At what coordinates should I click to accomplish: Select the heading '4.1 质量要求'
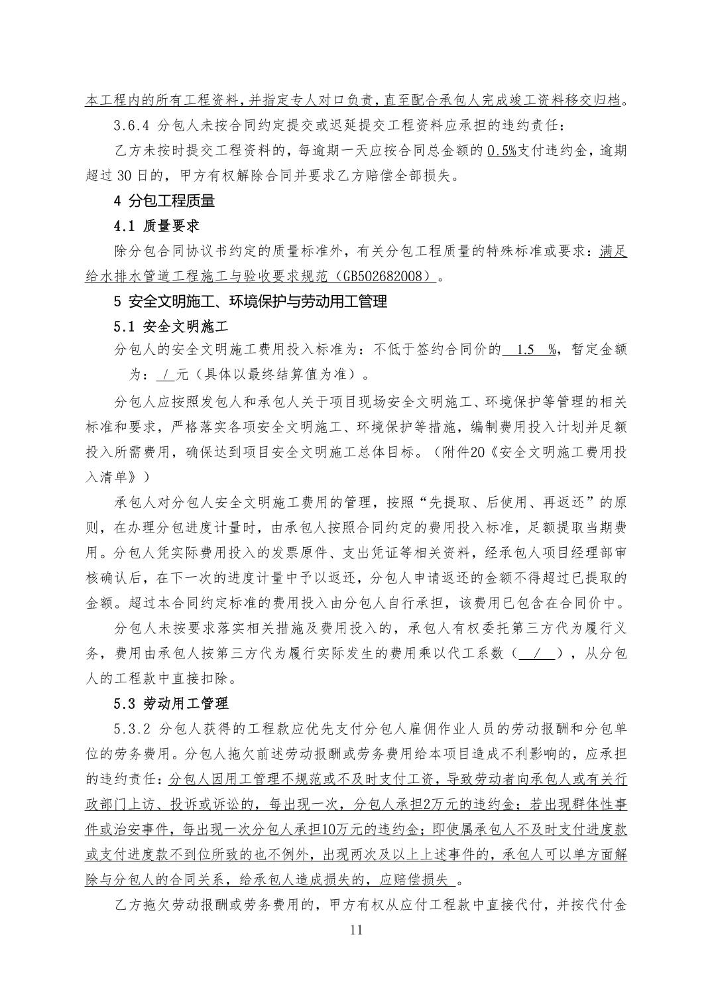pyautogui.click(x=157, y=226)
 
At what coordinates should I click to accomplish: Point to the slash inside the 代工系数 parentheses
pyautogui.click(x=538, y=654)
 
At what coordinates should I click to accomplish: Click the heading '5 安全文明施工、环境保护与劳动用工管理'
pyautogui.click(x=251, y=301)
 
